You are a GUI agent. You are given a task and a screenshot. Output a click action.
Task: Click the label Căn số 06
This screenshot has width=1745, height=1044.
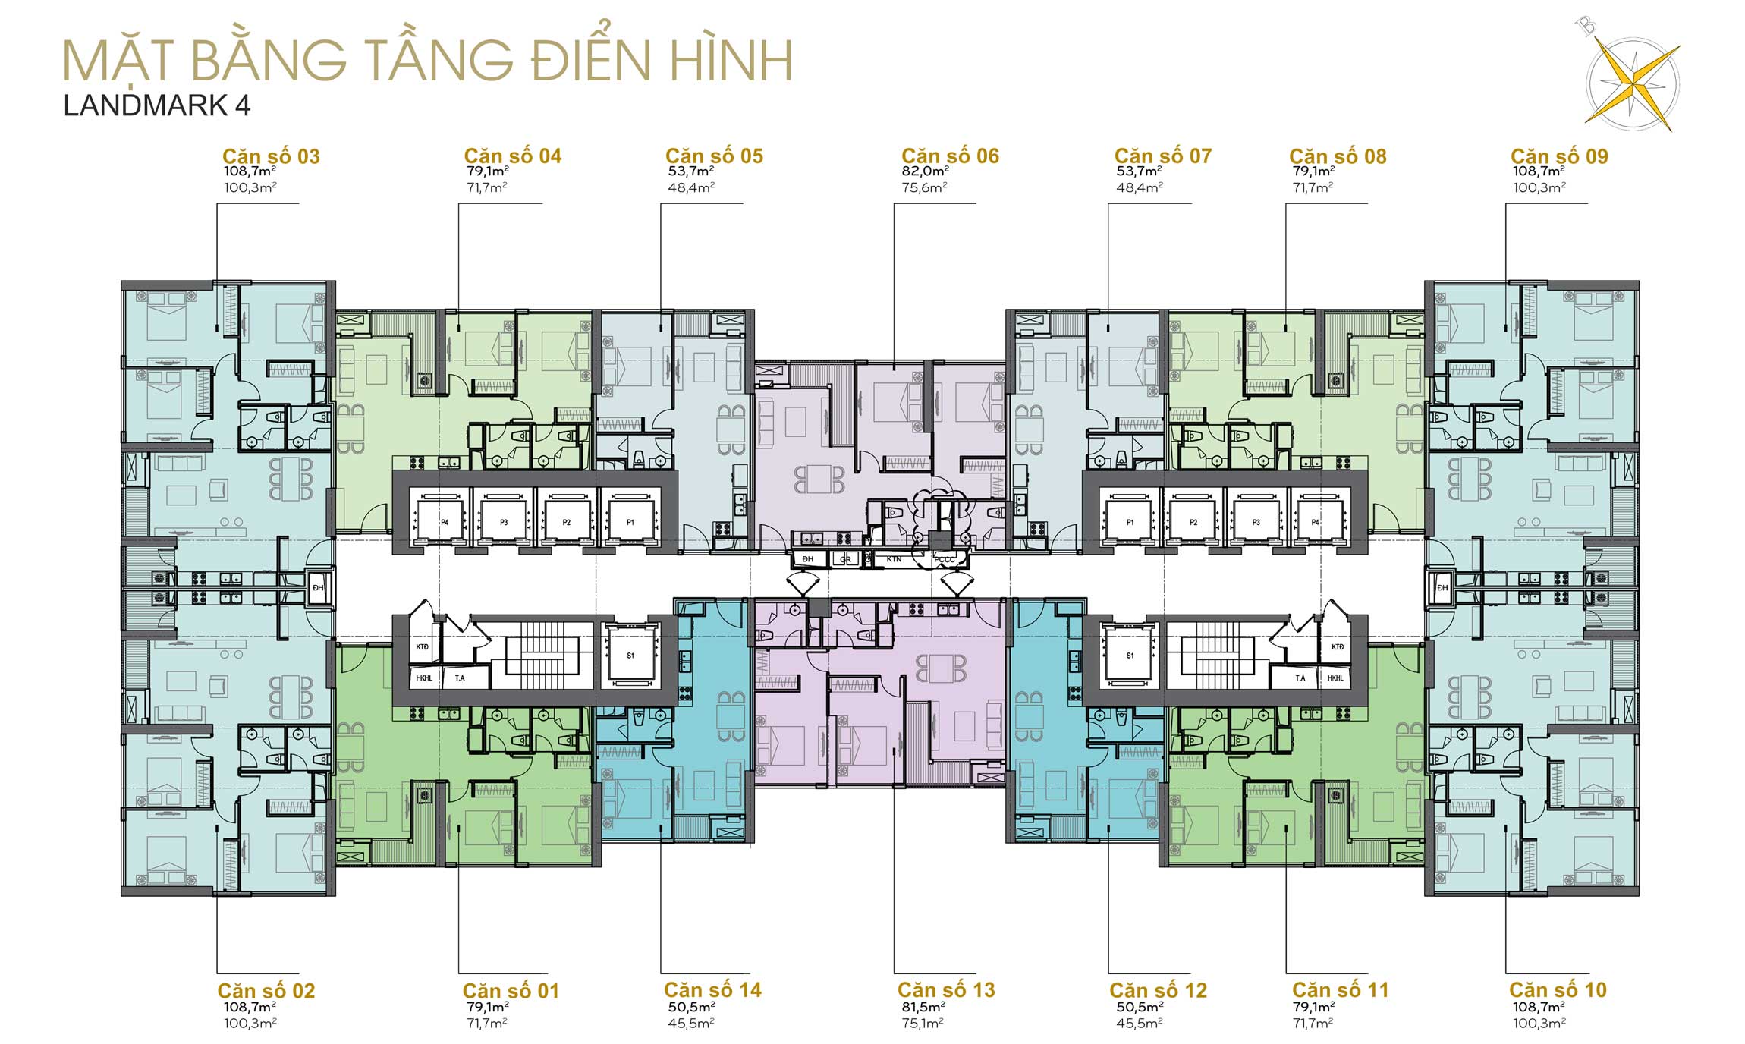tap(950, 156)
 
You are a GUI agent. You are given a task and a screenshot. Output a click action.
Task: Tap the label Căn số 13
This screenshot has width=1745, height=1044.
tap(945, 990)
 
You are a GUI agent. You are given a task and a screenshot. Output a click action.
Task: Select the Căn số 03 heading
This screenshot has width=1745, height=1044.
tap(271, 156)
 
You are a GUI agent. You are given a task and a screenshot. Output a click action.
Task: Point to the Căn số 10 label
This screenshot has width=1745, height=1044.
tap(1558, 990)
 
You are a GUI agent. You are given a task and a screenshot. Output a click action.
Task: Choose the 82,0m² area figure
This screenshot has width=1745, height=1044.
tap(925, 172)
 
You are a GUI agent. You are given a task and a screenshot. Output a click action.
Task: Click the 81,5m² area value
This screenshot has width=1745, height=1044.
tap(922, 1007)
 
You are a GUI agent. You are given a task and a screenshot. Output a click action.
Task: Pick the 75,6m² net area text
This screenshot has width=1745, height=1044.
tap(924, 187)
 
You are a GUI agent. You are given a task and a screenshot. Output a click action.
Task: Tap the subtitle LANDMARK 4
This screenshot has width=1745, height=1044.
tap(157, 106)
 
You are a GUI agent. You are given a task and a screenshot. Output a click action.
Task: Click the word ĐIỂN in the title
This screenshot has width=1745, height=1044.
tap(590, 61)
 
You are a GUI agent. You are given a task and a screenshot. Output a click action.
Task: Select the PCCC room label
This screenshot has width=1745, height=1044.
tap(945, 560)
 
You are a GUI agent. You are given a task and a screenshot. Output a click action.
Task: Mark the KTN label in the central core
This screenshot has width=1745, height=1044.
tap(894, 560)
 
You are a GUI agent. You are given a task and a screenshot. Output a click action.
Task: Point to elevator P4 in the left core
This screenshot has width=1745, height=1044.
tap(445, 522)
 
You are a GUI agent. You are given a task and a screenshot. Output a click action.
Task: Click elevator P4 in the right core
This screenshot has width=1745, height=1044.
tap(1315, 522)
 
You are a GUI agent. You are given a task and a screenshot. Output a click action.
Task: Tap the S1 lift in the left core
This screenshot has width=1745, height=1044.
tap(630, 656)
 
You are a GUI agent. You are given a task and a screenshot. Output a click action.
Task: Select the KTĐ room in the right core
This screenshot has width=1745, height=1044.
tap(1337, 647)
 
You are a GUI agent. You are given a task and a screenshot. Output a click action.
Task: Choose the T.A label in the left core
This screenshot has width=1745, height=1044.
tap(460, 678)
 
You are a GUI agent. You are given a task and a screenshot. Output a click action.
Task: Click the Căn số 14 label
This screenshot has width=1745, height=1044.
tap(712, 990)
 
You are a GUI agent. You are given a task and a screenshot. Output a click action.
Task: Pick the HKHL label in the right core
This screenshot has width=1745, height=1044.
tap(1335, 678)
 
